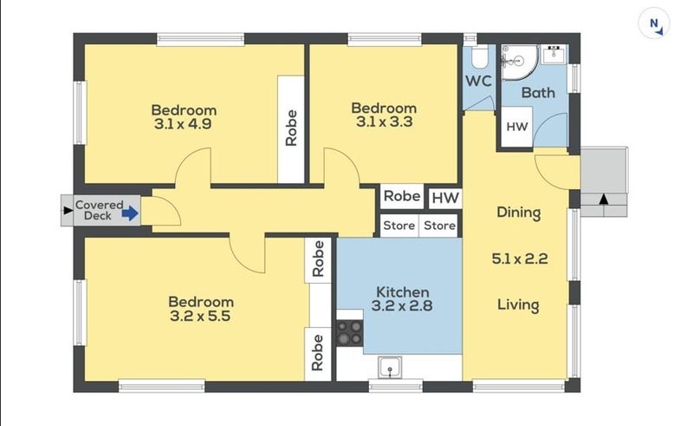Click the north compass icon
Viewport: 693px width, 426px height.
[654, 23]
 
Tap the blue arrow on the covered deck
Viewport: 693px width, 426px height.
[130, 213]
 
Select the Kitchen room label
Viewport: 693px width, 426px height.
[402, 292]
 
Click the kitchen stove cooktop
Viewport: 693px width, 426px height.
[350, 333]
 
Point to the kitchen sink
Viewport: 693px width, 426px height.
[390, 368]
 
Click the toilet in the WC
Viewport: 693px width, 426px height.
[479, 56]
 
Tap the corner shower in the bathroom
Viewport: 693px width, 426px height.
[519, 62]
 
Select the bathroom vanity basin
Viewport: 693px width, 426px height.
[554, 55]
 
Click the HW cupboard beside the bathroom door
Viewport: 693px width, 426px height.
[516, 127]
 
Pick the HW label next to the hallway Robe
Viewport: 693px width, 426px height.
[445, 198]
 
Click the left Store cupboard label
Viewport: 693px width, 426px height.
[398, 226]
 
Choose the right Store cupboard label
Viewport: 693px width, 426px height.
[439, 226]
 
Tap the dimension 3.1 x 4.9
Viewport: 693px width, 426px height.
[183, 124]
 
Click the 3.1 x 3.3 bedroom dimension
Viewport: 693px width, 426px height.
[384, 121]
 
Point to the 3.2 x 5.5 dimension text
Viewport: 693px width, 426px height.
[200, 316]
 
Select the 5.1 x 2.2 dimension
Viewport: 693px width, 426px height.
[520, 259]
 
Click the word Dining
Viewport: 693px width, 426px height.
[518, 213]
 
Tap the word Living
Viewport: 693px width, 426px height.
[518, 305]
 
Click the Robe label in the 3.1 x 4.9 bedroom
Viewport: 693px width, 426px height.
[291, 128]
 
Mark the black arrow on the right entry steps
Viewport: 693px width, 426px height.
[603, 200]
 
